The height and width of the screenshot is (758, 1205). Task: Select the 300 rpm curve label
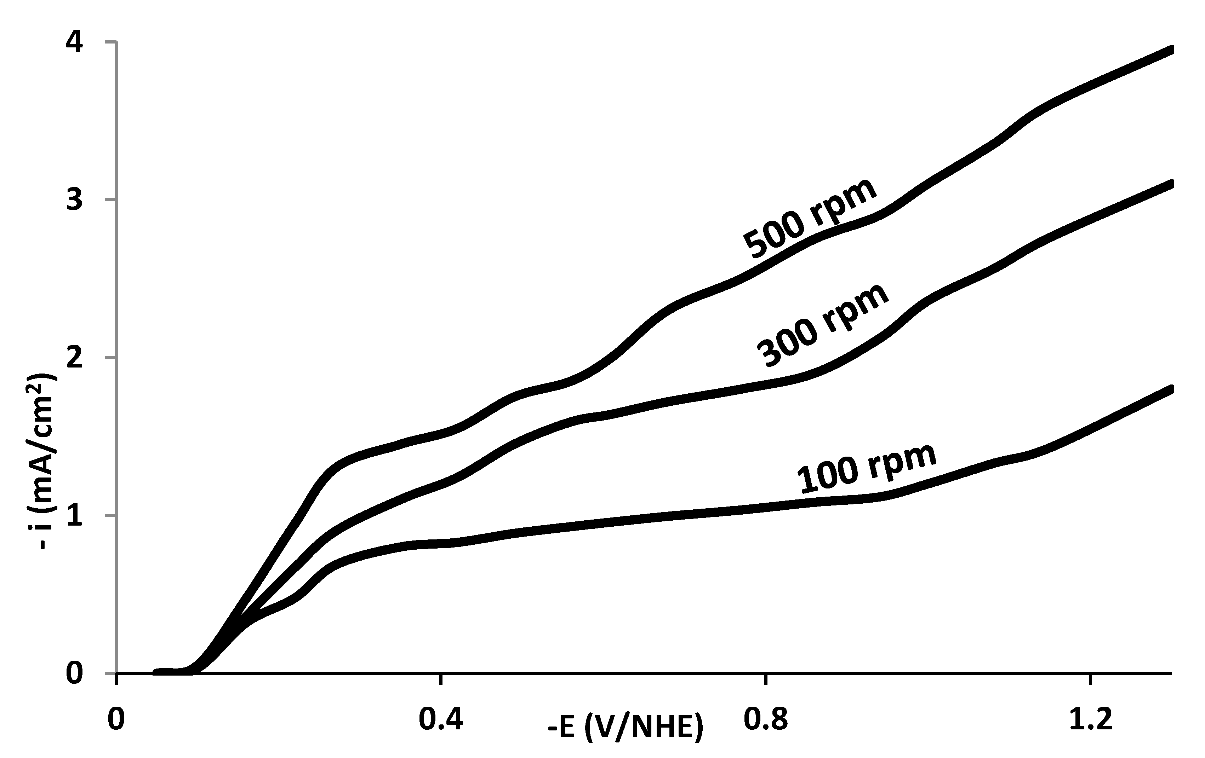tap(822, 325)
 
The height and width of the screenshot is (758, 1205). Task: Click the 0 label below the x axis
tap(116, 721)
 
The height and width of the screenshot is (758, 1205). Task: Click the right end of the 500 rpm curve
tap(1170, 50)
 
